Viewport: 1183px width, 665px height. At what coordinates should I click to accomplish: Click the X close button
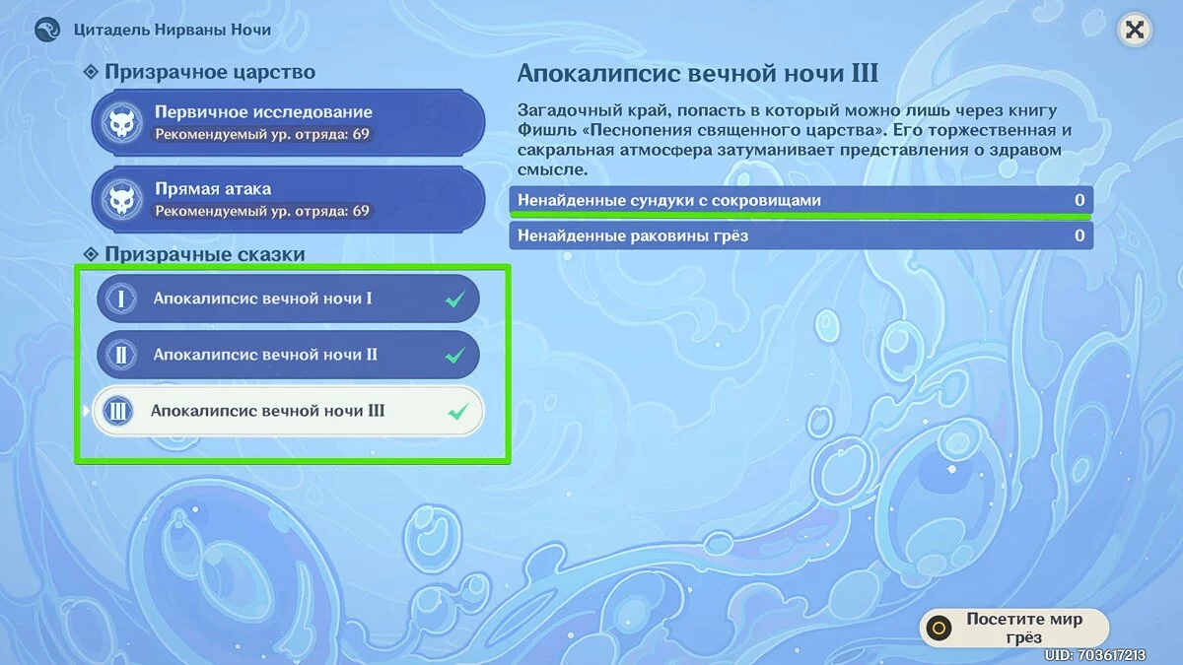click(1134, 30)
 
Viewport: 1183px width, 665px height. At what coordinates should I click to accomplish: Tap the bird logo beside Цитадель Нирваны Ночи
click(47, 29)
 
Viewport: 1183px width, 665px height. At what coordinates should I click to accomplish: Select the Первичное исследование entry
click(288, 122)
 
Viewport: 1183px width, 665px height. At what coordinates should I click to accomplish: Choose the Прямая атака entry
click(288, 199)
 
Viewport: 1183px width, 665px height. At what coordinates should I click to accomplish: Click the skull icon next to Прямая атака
click(122, 199)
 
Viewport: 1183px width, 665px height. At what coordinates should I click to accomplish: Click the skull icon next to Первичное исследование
click(122, 122)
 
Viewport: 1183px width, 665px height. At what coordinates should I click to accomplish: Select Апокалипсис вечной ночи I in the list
click(288, 299)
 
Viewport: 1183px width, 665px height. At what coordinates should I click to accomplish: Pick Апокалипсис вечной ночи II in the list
click(288, 355)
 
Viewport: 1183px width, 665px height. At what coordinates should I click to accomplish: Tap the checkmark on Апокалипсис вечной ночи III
click(457, 411)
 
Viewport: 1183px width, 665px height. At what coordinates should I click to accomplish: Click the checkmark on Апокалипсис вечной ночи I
click(454, 299)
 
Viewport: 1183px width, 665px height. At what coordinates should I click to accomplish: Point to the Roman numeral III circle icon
click(117, 411)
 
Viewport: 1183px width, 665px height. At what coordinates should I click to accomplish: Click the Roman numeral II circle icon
click(121, 355)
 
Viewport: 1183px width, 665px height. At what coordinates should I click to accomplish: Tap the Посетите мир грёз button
click(1014, 628)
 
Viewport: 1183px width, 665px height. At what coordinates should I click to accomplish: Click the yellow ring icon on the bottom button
click(939, 629)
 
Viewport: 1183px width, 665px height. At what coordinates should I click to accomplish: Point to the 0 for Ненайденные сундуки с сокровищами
click(1079, 200)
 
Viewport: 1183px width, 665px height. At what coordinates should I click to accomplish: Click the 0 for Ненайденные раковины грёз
click(1079, 235)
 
